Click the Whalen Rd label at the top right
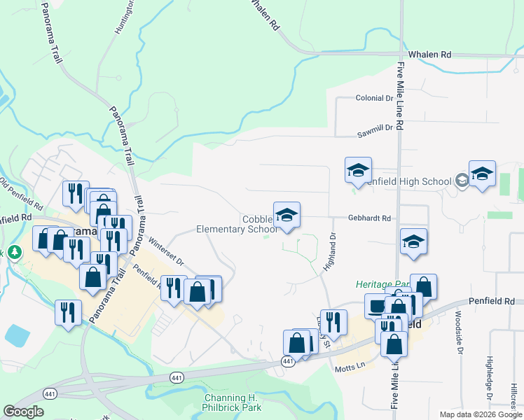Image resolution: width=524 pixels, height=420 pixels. [429, 54]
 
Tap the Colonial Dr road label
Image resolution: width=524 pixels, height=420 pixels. [374, 98]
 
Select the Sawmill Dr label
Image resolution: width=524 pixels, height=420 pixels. [374, 128]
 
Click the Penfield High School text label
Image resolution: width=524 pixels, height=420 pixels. [408, 182]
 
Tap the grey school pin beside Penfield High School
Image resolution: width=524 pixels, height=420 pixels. [462, 181]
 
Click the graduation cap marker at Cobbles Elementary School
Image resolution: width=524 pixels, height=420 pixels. [287, 215]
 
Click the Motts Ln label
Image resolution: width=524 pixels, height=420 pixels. [351, 367]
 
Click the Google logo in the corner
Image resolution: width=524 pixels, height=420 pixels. [23, 412]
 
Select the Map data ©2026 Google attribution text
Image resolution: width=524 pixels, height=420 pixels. [480, 414]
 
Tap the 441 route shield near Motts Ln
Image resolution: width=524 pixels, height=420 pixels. [288, 360]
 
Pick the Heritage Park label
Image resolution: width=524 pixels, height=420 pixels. [381, 284]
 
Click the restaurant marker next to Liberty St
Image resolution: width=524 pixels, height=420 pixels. [333, 323]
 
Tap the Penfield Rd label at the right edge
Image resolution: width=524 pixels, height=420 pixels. [499, 301]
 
